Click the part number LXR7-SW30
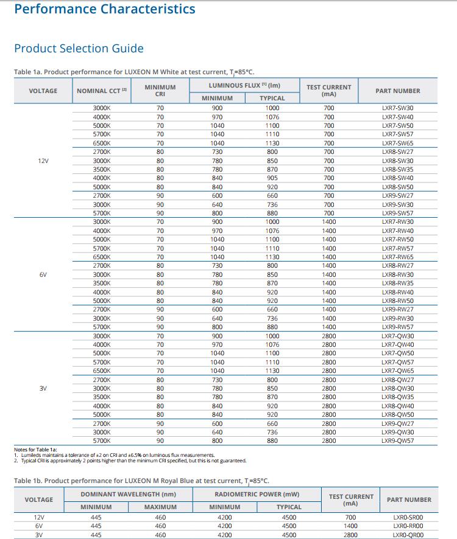coord(397,108)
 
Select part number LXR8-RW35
coord(397,283)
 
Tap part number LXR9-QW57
coord(397,440)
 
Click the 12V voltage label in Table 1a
coord(43,161)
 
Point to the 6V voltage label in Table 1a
coord(43,274)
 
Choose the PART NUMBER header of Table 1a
coord(398,91)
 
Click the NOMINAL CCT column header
coord(102,91)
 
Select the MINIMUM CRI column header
coord(160,91)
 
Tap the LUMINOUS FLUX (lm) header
coord(244,85)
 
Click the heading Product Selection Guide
coord(79,48)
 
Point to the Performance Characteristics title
coord(105,9)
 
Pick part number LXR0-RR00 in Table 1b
coord(408,526)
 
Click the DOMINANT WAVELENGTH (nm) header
coord(128,494)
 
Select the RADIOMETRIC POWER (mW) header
coord(257,494)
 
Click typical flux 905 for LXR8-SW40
coord(272,178)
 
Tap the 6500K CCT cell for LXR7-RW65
coord(102,257)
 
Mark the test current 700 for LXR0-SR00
coord(350,517)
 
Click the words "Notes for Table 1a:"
coord(35,450)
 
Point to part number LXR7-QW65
coord(397,370)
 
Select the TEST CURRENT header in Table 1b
coord(351,500)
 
